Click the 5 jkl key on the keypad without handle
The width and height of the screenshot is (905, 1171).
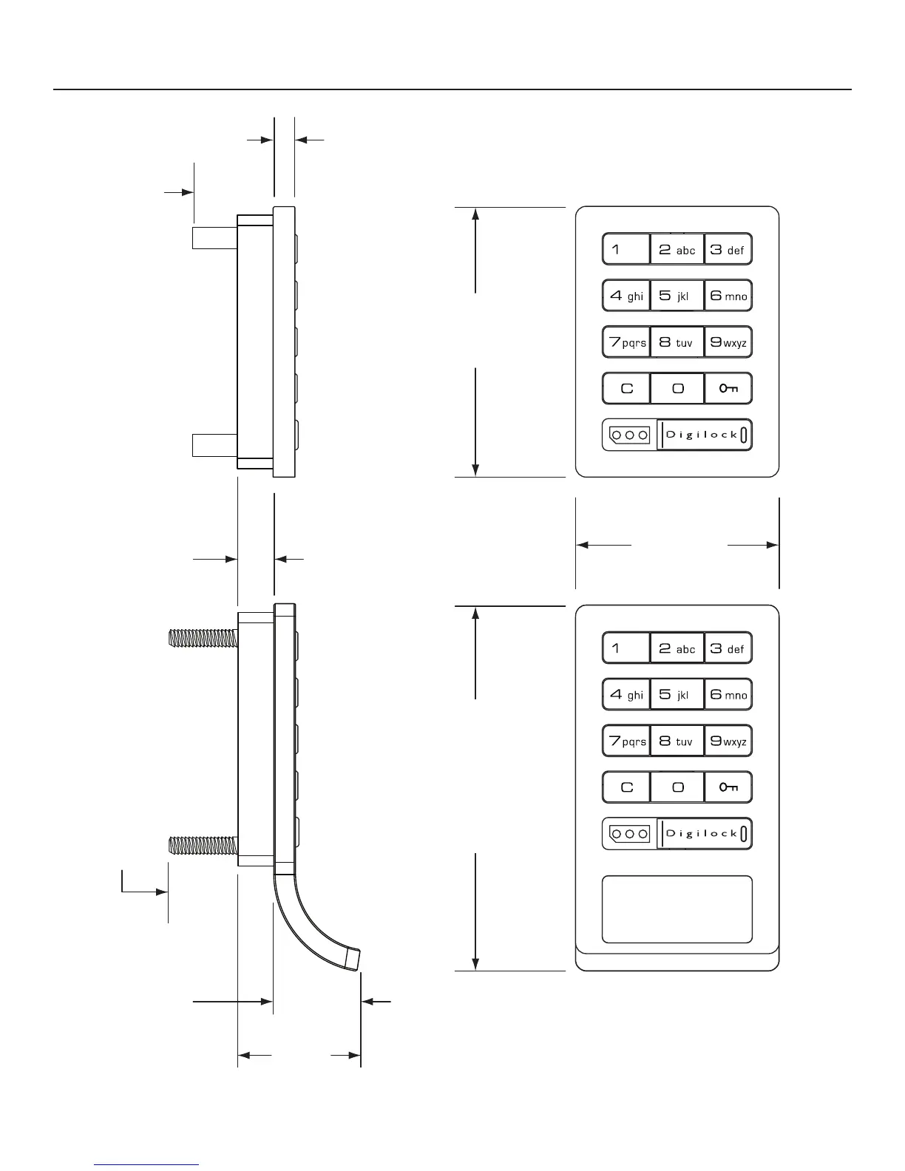pyautogui.click(x=677, y=296)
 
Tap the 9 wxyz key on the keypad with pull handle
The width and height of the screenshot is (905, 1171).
pyautogui.click(x=728, y=741)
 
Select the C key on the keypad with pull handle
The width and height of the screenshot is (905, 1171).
pyautogui.click(x=626, y=787)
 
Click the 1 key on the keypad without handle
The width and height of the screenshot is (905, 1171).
pyautogui.click(x=626, y=249)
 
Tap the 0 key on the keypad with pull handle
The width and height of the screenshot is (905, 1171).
pyautogui.click(x=677, y=787)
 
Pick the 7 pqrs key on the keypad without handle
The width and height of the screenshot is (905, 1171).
pyautogui.click(x=626, y=342)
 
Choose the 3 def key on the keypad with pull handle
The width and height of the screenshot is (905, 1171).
pyautogui.click(x=728, y=648)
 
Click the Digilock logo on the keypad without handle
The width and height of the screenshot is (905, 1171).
pyautogui.click(x=704, y=435)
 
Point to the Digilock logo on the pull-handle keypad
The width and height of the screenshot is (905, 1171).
pyautogui.click(x=704, y=834)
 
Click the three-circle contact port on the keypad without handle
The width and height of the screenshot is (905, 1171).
pyautogui.click(x=629, y=435)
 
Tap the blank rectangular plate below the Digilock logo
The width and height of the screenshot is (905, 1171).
pyautogui.click(x=677, y=909)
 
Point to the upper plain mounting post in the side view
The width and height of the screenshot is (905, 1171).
pyautogui.click(x=214, y=237)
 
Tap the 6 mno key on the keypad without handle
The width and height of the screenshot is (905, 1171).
pyautogui.click(x=728, y=296)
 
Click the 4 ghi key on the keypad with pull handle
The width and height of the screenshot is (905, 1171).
pyautogui.click(x=626, y=695)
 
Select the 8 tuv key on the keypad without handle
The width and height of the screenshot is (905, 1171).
pyautogui.click(x=677, y=342)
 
